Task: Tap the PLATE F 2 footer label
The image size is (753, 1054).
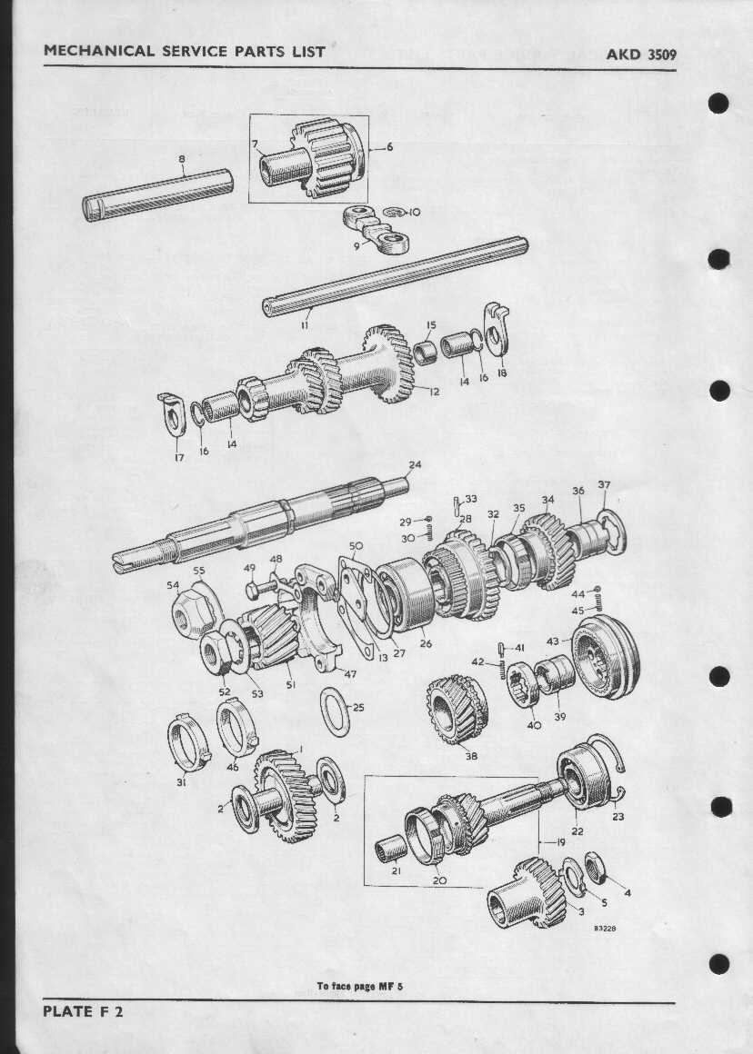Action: click(83, 1011)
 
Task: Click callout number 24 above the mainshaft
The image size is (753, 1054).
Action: click(415, 465)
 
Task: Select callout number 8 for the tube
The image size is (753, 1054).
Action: click(182, 159)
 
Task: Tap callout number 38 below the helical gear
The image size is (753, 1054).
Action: click(471, 755)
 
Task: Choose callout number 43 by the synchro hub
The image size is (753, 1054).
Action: click(553, 641)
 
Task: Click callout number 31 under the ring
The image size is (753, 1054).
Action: click(181, 781)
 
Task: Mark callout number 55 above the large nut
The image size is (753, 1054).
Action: click(198, 571)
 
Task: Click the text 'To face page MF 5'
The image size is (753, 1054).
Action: click(360, 986)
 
